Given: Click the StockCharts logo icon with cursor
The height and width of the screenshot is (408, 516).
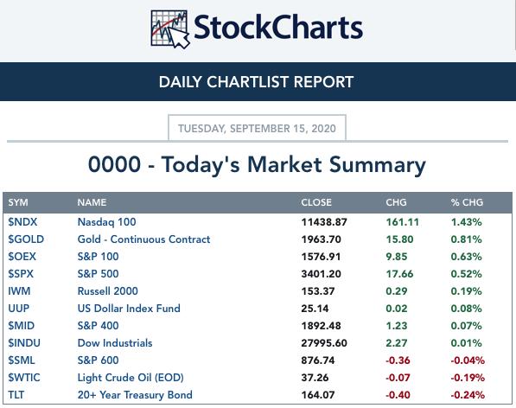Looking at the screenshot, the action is pos(170,29).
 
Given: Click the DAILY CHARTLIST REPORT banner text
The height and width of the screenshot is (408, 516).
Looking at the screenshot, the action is pos(256,82).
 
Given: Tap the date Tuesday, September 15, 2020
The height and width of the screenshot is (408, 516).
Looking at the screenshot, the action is pos(257,128).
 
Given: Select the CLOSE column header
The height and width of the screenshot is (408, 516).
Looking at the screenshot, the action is pos(316,202).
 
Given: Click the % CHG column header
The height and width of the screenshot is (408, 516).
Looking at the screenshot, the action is pos(467,202).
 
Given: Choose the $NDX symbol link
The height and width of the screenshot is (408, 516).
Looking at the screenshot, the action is pos(22,222).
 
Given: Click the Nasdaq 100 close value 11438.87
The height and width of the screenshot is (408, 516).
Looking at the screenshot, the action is pos(324,222).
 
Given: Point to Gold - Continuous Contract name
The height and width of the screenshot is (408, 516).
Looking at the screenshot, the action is pos(143,239).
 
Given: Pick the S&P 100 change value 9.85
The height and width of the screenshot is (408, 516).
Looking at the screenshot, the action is pos(397,257).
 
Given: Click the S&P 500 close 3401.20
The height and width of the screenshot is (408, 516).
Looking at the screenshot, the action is pos(322,274).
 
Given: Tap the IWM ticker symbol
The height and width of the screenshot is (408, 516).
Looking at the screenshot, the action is pos(19,291).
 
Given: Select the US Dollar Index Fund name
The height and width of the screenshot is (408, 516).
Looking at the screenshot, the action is pos(129,309).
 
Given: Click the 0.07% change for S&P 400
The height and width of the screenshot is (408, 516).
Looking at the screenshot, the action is pos(467,326).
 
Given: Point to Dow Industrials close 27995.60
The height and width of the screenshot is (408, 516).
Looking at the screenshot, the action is pos(324,343).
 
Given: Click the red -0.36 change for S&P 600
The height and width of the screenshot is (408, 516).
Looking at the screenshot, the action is pos(398,360).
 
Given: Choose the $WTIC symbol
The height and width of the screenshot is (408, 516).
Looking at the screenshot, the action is pos(24,378).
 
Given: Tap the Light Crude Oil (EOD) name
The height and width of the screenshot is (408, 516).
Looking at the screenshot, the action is pos(131,378).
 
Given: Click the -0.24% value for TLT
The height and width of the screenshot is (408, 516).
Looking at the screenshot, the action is pos(468,395).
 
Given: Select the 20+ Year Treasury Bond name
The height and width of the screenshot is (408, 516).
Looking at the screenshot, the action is pos(135,395).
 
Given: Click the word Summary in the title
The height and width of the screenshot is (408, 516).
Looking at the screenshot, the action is pos(378,165).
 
